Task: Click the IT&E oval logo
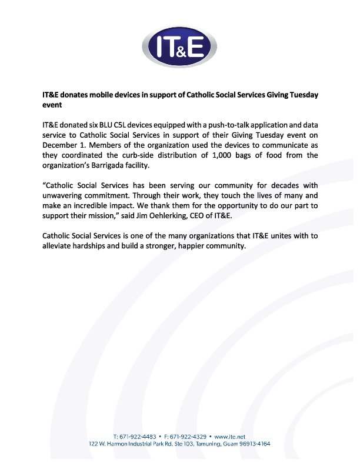click(x=179, y=46)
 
